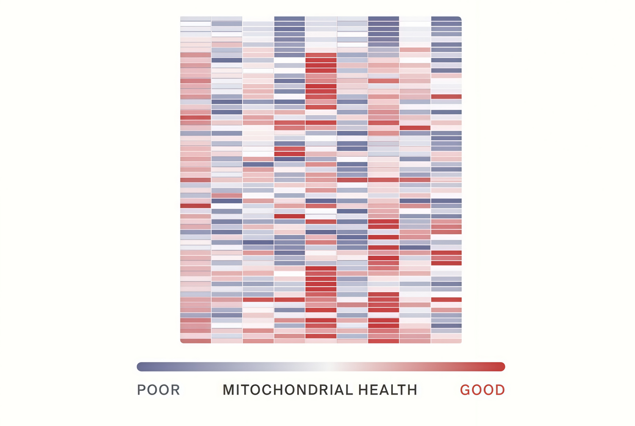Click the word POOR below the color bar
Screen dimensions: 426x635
point(158,390)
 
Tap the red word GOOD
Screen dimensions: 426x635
point(482,390)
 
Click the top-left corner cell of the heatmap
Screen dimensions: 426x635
point(196,19)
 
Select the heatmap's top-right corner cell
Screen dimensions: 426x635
point(446,19)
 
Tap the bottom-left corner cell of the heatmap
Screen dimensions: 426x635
point(196,341)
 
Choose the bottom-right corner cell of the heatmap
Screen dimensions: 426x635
point(446,341)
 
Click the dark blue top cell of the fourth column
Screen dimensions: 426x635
point(290,19)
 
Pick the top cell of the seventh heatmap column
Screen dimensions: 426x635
point(384,19)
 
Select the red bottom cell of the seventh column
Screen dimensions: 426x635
point(384,341)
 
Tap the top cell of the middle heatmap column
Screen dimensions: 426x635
point(321,19)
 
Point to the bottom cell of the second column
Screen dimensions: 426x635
point(227,341)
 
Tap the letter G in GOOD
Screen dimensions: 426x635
point(466,390)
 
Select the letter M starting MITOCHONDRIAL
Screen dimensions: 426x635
point(229,390)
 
